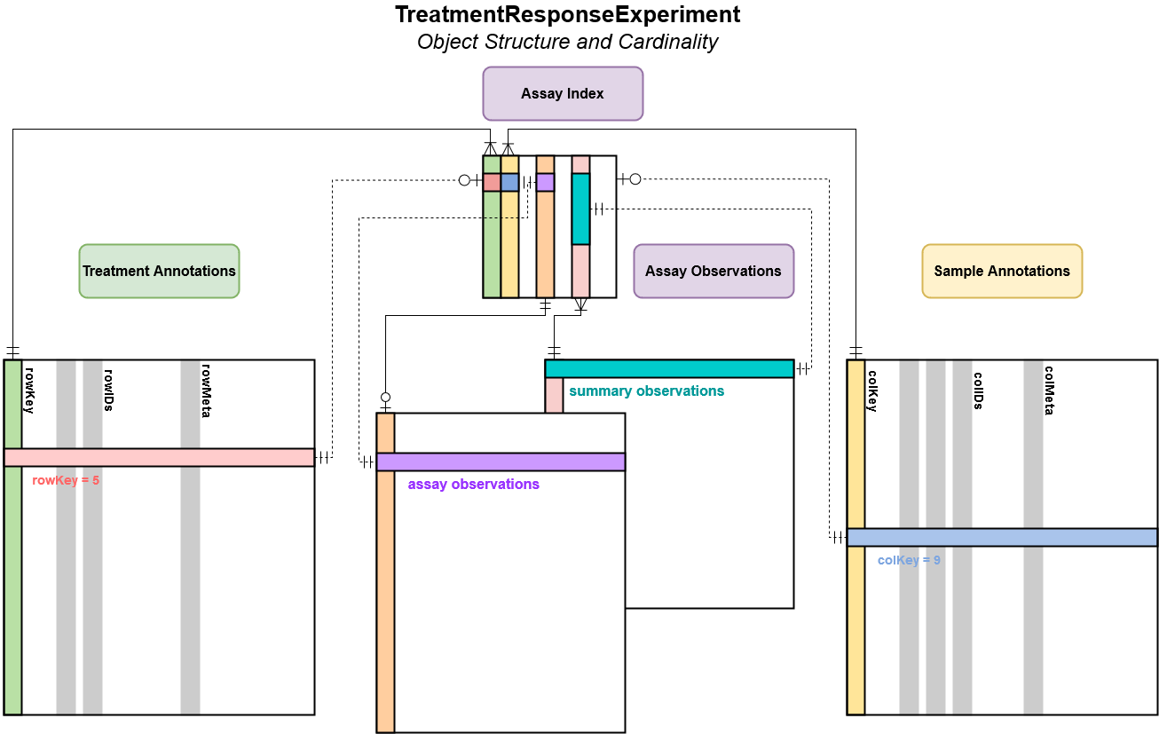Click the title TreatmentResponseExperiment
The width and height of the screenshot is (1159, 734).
567,15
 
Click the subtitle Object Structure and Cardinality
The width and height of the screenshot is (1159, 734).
567,42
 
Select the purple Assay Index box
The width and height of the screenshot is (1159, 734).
563,93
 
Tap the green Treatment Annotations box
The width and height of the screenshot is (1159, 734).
159,271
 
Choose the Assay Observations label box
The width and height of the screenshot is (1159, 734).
713,271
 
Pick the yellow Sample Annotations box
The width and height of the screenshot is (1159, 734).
1002,271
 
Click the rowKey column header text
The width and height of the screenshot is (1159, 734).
29,390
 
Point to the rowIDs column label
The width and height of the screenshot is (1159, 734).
108,390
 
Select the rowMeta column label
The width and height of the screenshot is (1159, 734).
205,390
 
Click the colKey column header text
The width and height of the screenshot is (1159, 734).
871,391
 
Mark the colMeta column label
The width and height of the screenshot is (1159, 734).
1048,391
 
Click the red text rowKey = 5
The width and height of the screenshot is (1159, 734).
66,480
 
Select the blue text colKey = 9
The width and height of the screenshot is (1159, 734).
909,560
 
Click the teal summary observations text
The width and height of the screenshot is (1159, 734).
646,391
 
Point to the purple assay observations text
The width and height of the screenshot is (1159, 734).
473,484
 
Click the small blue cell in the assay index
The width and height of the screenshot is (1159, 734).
509,182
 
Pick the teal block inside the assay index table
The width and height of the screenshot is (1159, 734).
580,209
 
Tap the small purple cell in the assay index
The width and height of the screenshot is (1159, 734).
545,182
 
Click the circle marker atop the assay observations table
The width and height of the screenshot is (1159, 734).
385,397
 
